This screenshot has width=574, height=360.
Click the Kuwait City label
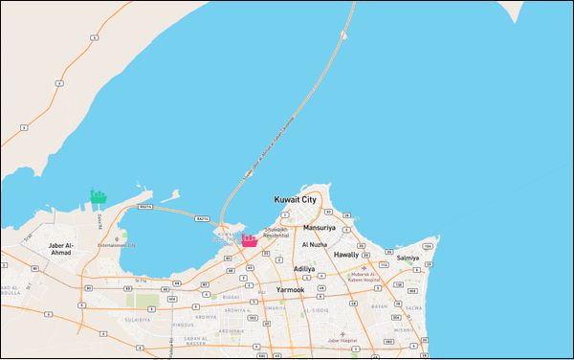(x=295, y=198)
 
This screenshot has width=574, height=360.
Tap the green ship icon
(x=98, y=197)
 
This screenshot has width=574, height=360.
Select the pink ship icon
(x=250, y=241)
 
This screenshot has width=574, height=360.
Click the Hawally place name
(x=345, y=255)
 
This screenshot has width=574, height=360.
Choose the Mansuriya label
(x=320, y=229)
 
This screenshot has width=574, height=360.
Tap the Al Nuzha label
(x=315, y=244)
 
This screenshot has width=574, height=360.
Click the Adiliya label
(x=304, y=269)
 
